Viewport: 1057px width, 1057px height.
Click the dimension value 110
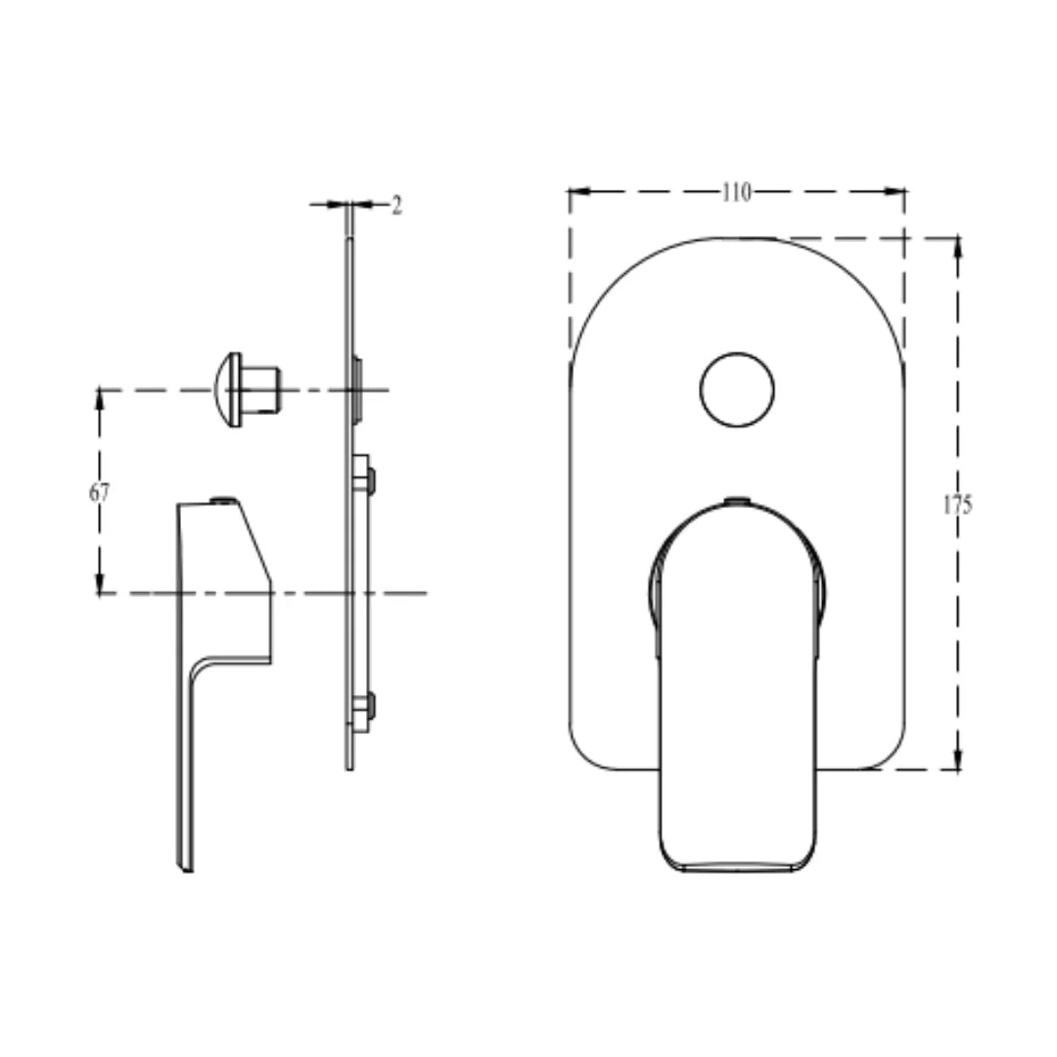pos(736,193)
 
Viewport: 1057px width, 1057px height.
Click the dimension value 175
pos(958,505)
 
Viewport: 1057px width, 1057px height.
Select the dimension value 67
pos(99,492)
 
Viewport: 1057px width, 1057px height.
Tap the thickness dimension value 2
pos(396,206)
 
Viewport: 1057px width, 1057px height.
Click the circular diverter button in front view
pos(737,389)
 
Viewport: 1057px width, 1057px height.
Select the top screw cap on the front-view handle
pos(737,501)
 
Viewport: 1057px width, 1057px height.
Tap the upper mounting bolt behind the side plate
pos(367,480)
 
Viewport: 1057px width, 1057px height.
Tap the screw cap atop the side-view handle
pos(224,500)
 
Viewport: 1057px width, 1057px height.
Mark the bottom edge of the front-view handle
pos(737,870)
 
